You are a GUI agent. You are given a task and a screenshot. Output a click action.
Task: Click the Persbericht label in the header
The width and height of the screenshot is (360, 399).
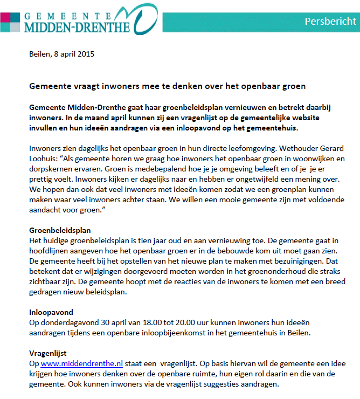tap(330, 21)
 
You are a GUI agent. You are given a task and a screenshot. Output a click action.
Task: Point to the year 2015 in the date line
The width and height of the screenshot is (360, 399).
tap(86, 54)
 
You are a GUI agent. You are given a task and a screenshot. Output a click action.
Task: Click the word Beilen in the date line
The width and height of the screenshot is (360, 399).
tap(38, 54)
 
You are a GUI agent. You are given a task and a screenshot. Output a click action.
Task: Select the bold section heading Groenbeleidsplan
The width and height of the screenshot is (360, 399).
tap(60, 230)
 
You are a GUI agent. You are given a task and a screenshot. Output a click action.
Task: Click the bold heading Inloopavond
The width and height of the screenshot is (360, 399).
tap(51, 312)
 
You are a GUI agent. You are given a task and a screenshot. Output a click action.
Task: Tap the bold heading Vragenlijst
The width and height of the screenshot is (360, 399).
tap(47, 353)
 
